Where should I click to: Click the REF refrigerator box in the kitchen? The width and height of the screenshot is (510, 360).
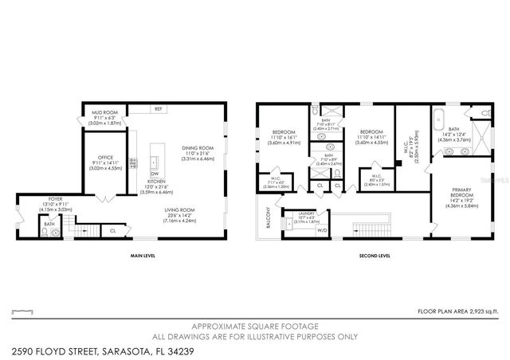click(x=158, y=109)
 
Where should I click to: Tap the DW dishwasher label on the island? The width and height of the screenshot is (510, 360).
click(x=155, y=174)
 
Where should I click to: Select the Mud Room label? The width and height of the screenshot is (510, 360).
click(x=105, y=113)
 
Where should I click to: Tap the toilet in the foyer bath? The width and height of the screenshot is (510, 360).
click(x=46, y=233)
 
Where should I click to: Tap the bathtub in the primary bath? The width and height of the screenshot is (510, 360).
click(x=439, y=122)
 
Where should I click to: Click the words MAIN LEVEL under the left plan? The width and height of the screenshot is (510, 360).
click(x=142, y=256)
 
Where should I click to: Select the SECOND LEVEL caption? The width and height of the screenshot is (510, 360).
click(x=373, y=256)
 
